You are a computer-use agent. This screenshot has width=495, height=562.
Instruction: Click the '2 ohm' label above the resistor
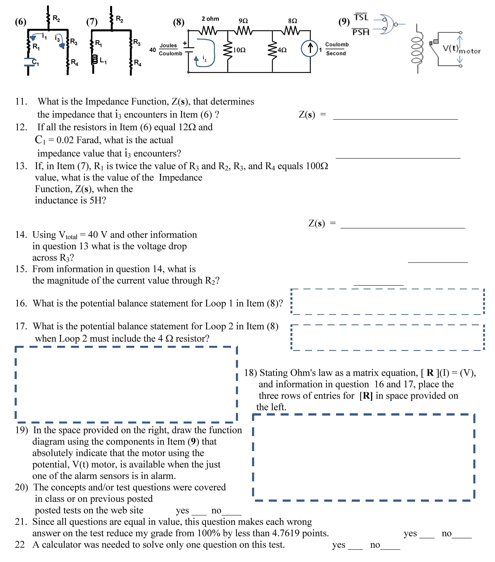210,19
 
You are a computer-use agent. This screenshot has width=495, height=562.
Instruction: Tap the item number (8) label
179,22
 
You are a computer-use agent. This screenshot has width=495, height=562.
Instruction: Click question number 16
21,303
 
